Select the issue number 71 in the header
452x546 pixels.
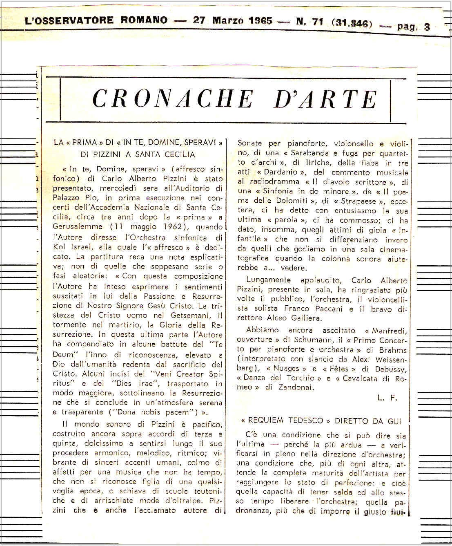pos(317,22)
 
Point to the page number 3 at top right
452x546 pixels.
pos(427,27)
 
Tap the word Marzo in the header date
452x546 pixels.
pos(227,20)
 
